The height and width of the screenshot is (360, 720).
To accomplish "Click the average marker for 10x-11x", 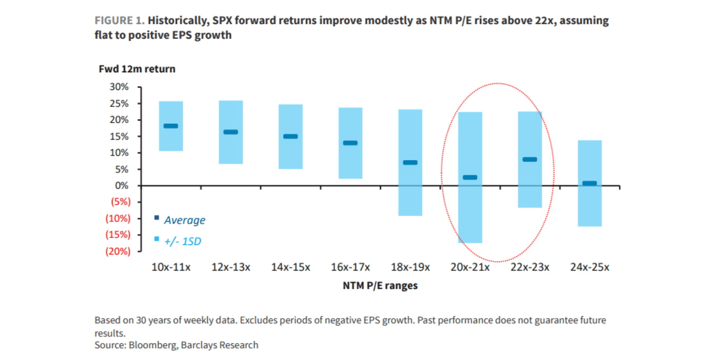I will click(170, 126).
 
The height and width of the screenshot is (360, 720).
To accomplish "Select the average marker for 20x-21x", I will click(470, 178).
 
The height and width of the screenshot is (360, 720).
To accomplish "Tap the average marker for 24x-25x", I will click(589, 183).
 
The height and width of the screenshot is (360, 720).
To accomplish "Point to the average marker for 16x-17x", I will click(350, 143).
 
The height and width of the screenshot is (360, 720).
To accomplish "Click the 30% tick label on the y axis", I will click(119, 87).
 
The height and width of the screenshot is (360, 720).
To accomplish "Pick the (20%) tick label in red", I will click(118, 251).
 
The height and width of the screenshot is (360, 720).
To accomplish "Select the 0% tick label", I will click(122, 186).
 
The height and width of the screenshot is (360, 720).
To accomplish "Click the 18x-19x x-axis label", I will click(410, 267).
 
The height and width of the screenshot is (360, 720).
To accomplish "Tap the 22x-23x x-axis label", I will click(530, 267).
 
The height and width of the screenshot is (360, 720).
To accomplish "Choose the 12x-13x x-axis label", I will click(231, 267).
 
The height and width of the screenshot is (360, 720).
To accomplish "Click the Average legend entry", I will click(184, 220).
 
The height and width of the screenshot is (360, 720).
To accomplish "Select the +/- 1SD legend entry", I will click(182, 241).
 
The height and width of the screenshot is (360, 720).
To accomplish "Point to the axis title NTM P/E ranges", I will click(380, 286).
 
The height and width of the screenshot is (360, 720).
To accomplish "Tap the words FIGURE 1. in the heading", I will click(120, 21).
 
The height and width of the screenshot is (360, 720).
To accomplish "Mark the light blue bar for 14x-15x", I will click(291, 137).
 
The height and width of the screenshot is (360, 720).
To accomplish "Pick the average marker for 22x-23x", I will click(529, 160).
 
